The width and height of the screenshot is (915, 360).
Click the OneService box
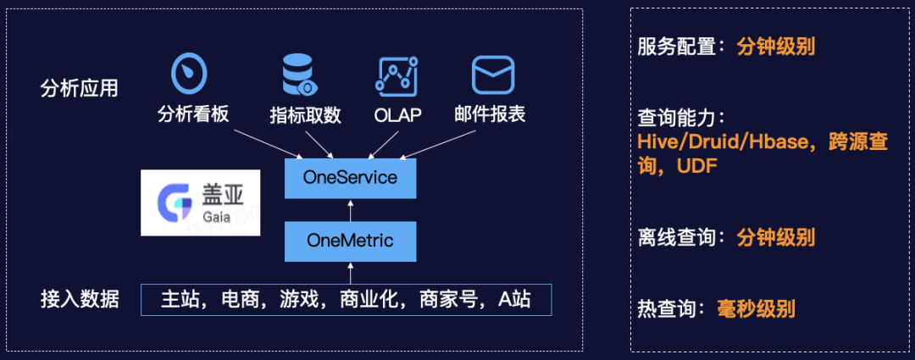click(x=350, y=178)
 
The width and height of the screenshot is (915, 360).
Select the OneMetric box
click(x=350, y=241)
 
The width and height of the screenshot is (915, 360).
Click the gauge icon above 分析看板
click(x=190, y=74)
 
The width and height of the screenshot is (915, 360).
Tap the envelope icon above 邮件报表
click(x=494, y=75)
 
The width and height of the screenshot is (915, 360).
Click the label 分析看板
click(x=193, y=114)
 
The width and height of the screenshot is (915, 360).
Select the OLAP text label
click(x=397, y=115)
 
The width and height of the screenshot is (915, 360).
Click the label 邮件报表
click(x=496, y=114)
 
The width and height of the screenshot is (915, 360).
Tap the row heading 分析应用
click(x=79, y=88)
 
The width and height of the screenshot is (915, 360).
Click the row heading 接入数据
click(x=79, y=299)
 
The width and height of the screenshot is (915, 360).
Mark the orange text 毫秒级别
click(x=756, y=308)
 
